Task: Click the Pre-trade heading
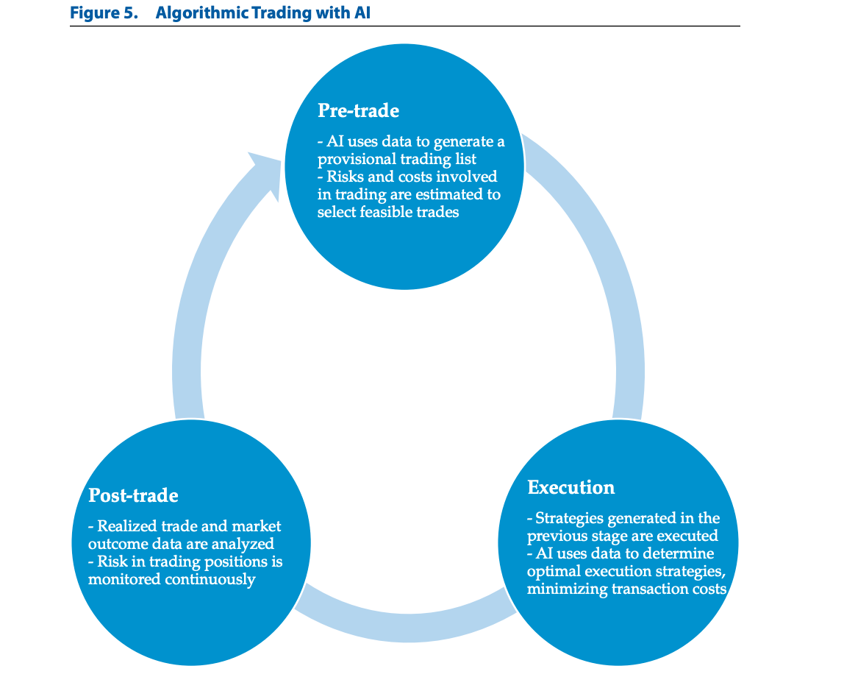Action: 359,110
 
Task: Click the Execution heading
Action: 571,487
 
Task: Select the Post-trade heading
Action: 134,495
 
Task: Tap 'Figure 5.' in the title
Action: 104,13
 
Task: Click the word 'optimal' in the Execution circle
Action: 554,572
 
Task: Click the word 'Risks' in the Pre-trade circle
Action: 346,177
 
